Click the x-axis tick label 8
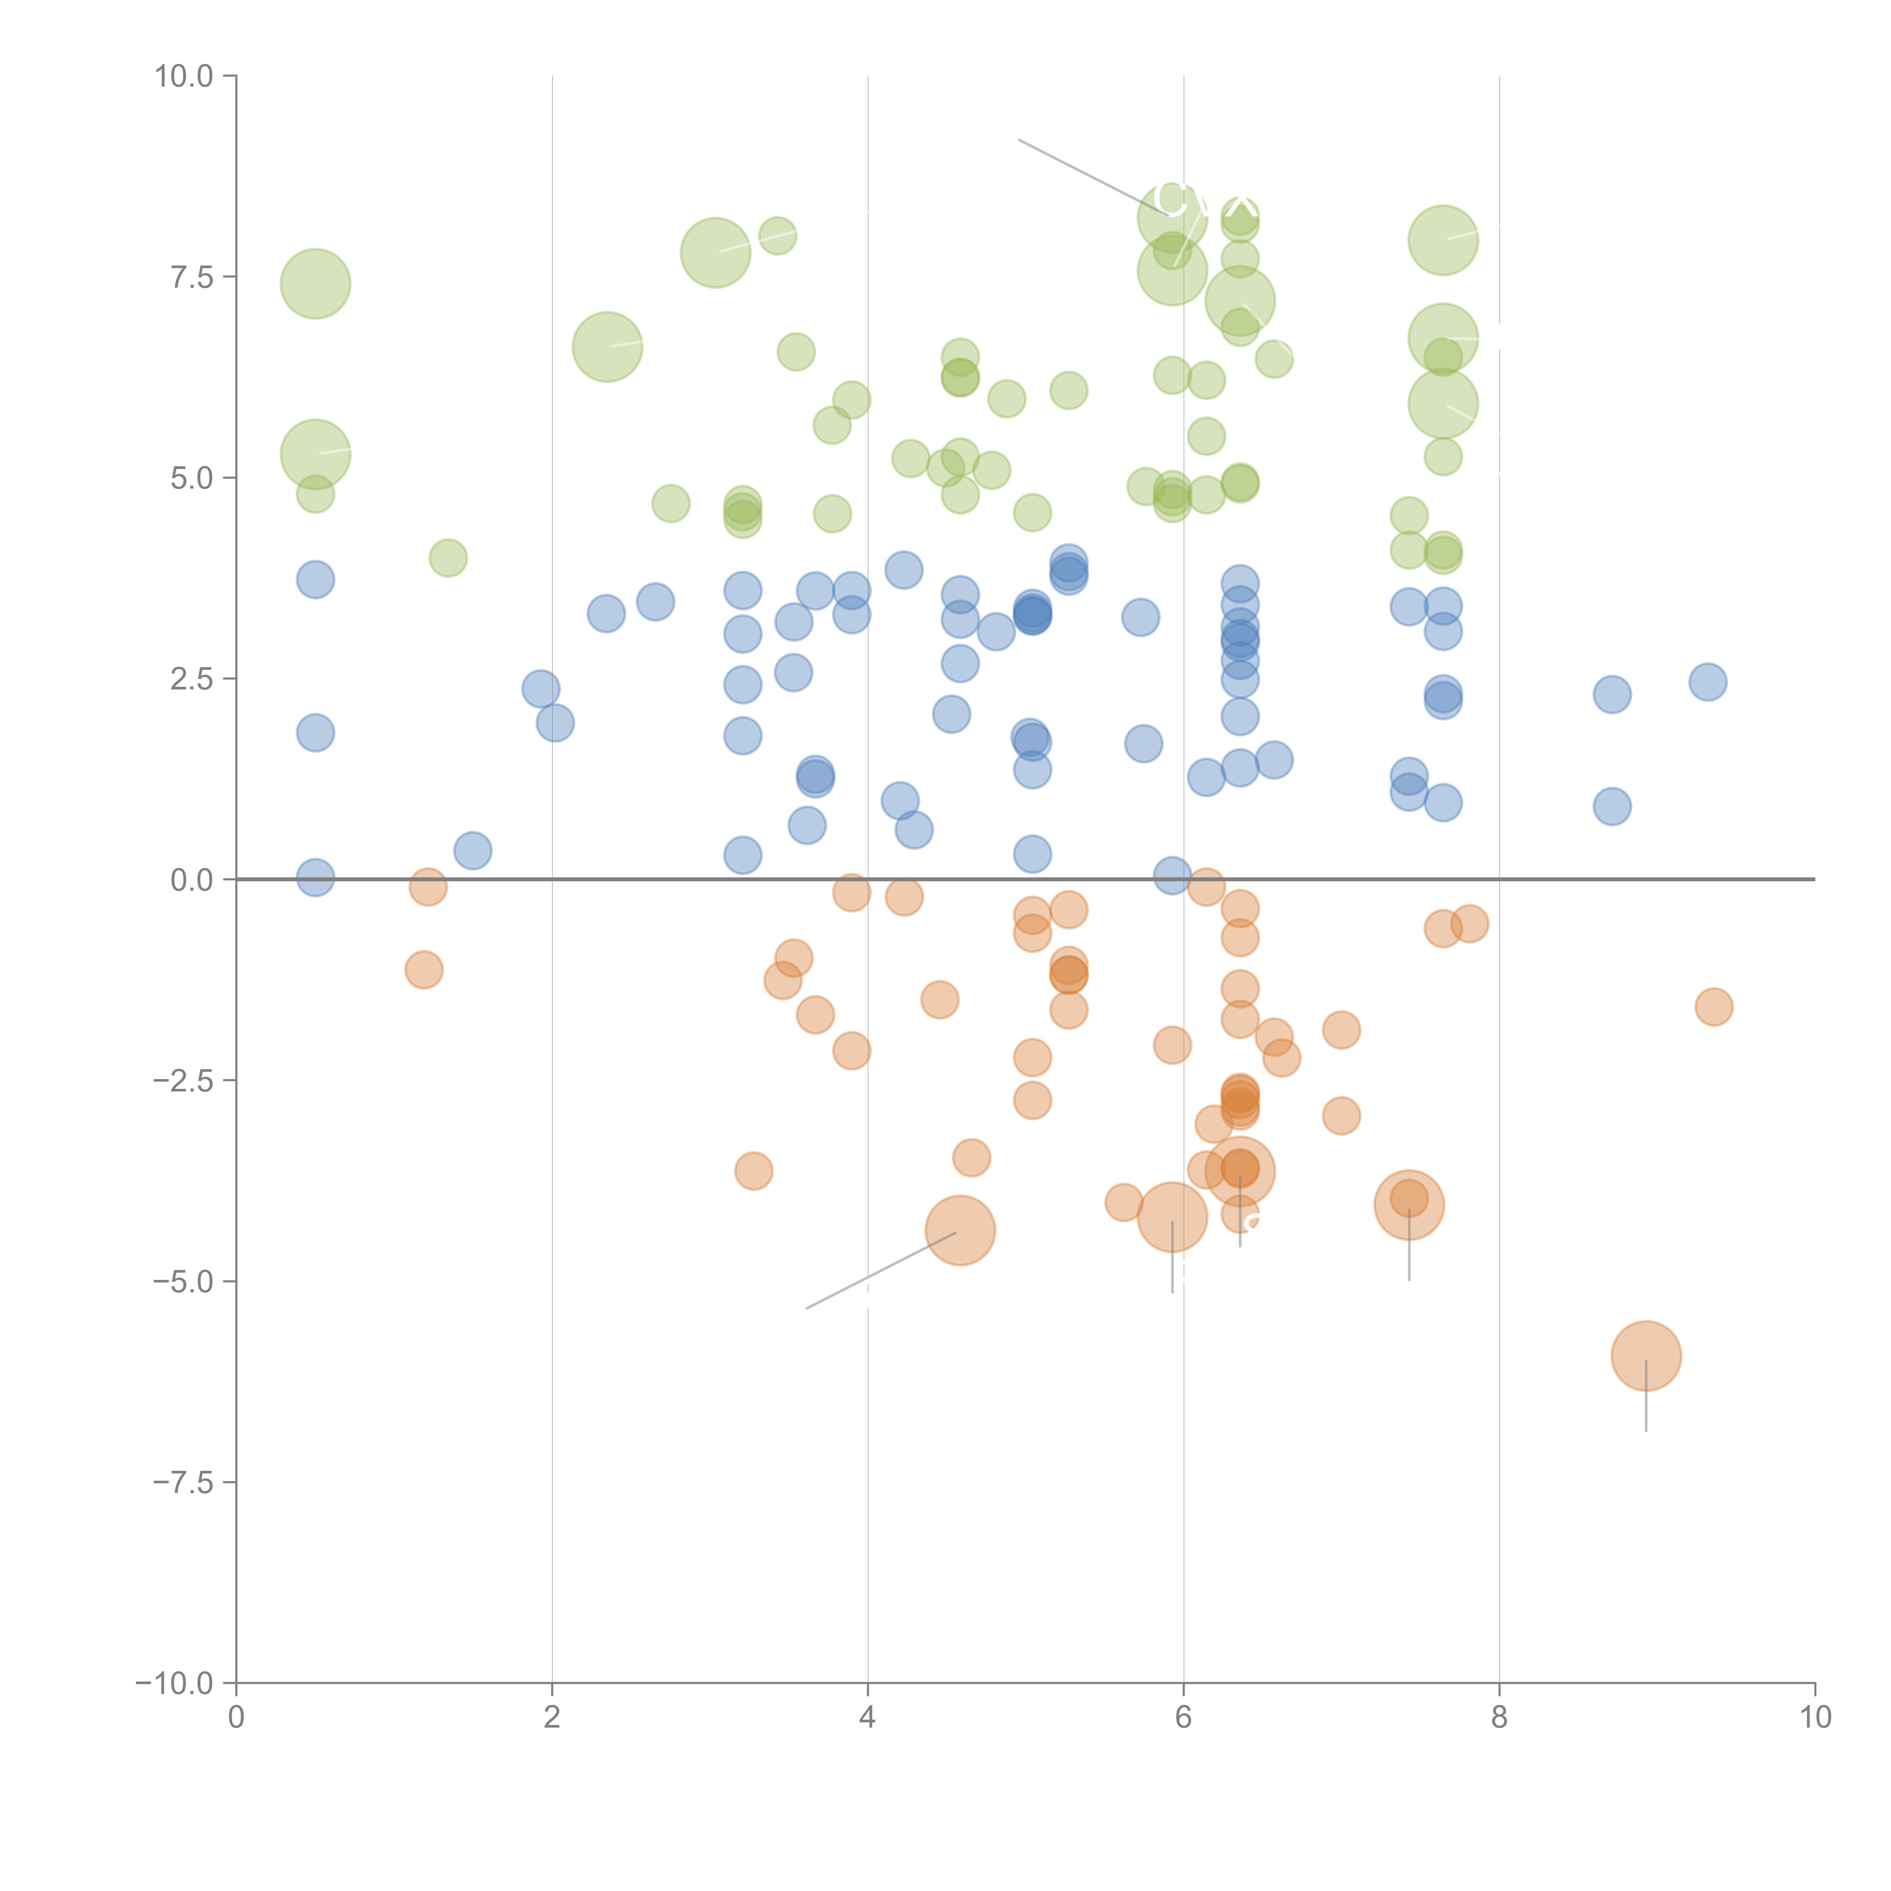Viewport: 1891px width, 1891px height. [x=1500, y=1718]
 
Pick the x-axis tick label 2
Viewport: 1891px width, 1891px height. [x=552, y=1718]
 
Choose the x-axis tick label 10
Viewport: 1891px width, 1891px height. [x=1815, y=1718]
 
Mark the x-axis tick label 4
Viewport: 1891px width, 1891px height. [x=867, y=1718]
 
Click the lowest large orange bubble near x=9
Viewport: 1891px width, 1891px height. [x=1645, y=1355]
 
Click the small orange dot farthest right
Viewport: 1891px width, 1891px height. [x=1713, y=1006]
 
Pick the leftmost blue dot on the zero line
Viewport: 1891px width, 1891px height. [x=315, y=878]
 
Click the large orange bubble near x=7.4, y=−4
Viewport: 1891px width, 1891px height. [x=1408, y=1205]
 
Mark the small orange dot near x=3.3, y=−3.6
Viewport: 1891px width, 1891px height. [x=753, y=1171]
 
